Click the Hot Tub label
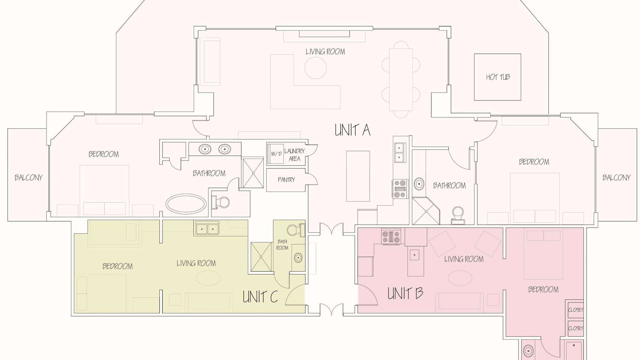(498, 77)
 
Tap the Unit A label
(352, 130)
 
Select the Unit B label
(405, 293)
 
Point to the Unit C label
(260, 297)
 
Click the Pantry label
(286, 180)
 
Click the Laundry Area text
(294, 155)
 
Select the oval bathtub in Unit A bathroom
(186, 203)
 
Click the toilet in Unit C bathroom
(295, 230)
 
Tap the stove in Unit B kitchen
(391, 237)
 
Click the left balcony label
(29, 178)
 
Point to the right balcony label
(616, 178)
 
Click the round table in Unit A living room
(315, 68)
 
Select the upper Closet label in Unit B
(576, 310)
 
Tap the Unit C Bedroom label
(117, 266)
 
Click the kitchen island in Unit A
(358, 176)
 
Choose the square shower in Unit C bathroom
(261, 257)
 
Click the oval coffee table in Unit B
(460, 278)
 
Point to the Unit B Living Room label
(464, 259)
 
